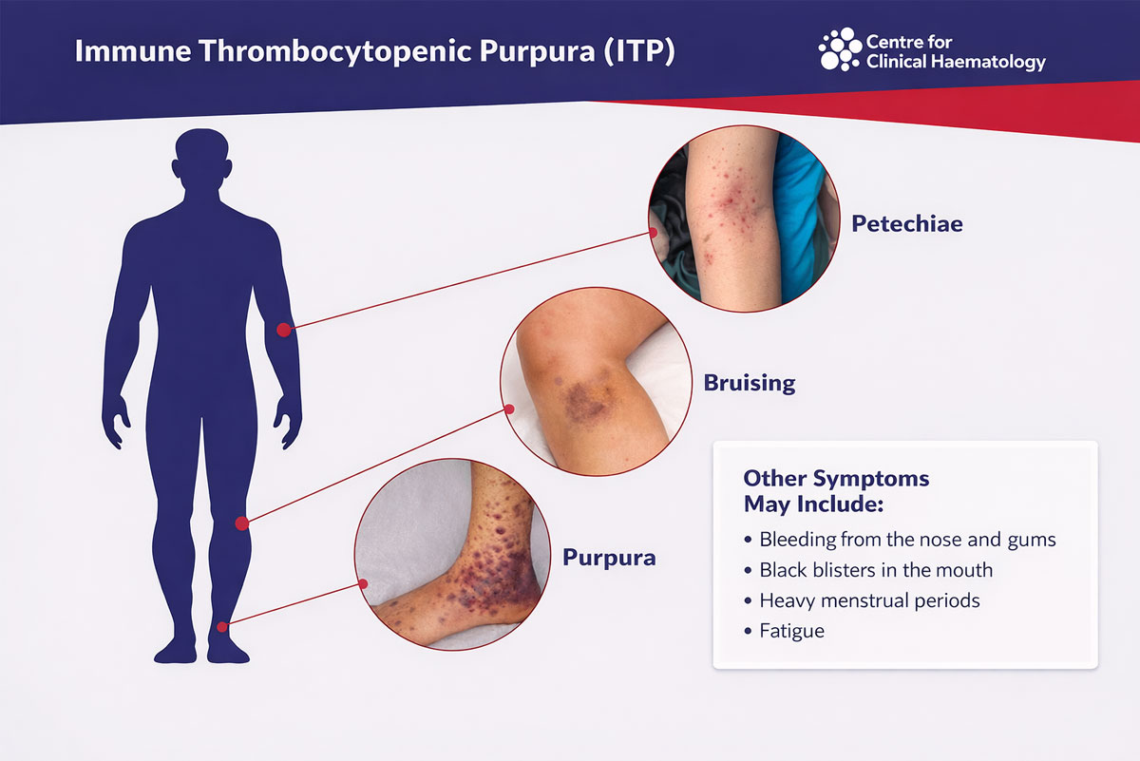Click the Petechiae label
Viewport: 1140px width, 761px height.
pos(906,224)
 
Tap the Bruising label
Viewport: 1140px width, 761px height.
pos(749,384)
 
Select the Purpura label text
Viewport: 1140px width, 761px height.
pos(609,557)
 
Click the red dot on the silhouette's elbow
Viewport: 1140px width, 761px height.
pos(283,330)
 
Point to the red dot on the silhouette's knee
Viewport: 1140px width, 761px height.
pos(242,523)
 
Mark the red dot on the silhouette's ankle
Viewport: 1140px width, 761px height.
pos(222,626)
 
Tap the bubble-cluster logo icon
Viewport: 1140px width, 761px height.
pos(839,49)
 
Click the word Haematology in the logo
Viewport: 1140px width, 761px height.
pos(991,63)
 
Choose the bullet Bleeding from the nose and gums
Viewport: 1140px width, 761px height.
pos(907,540)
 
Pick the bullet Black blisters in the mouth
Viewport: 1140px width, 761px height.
pos(875,570)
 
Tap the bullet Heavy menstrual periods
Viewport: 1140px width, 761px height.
pos(868,600)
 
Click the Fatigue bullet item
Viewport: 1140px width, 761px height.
pos(791,631)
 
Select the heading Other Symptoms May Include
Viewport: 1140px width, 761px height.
pos(836,489)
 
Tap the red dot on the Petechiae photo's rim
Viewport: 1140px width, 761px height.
pos(654,231)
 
